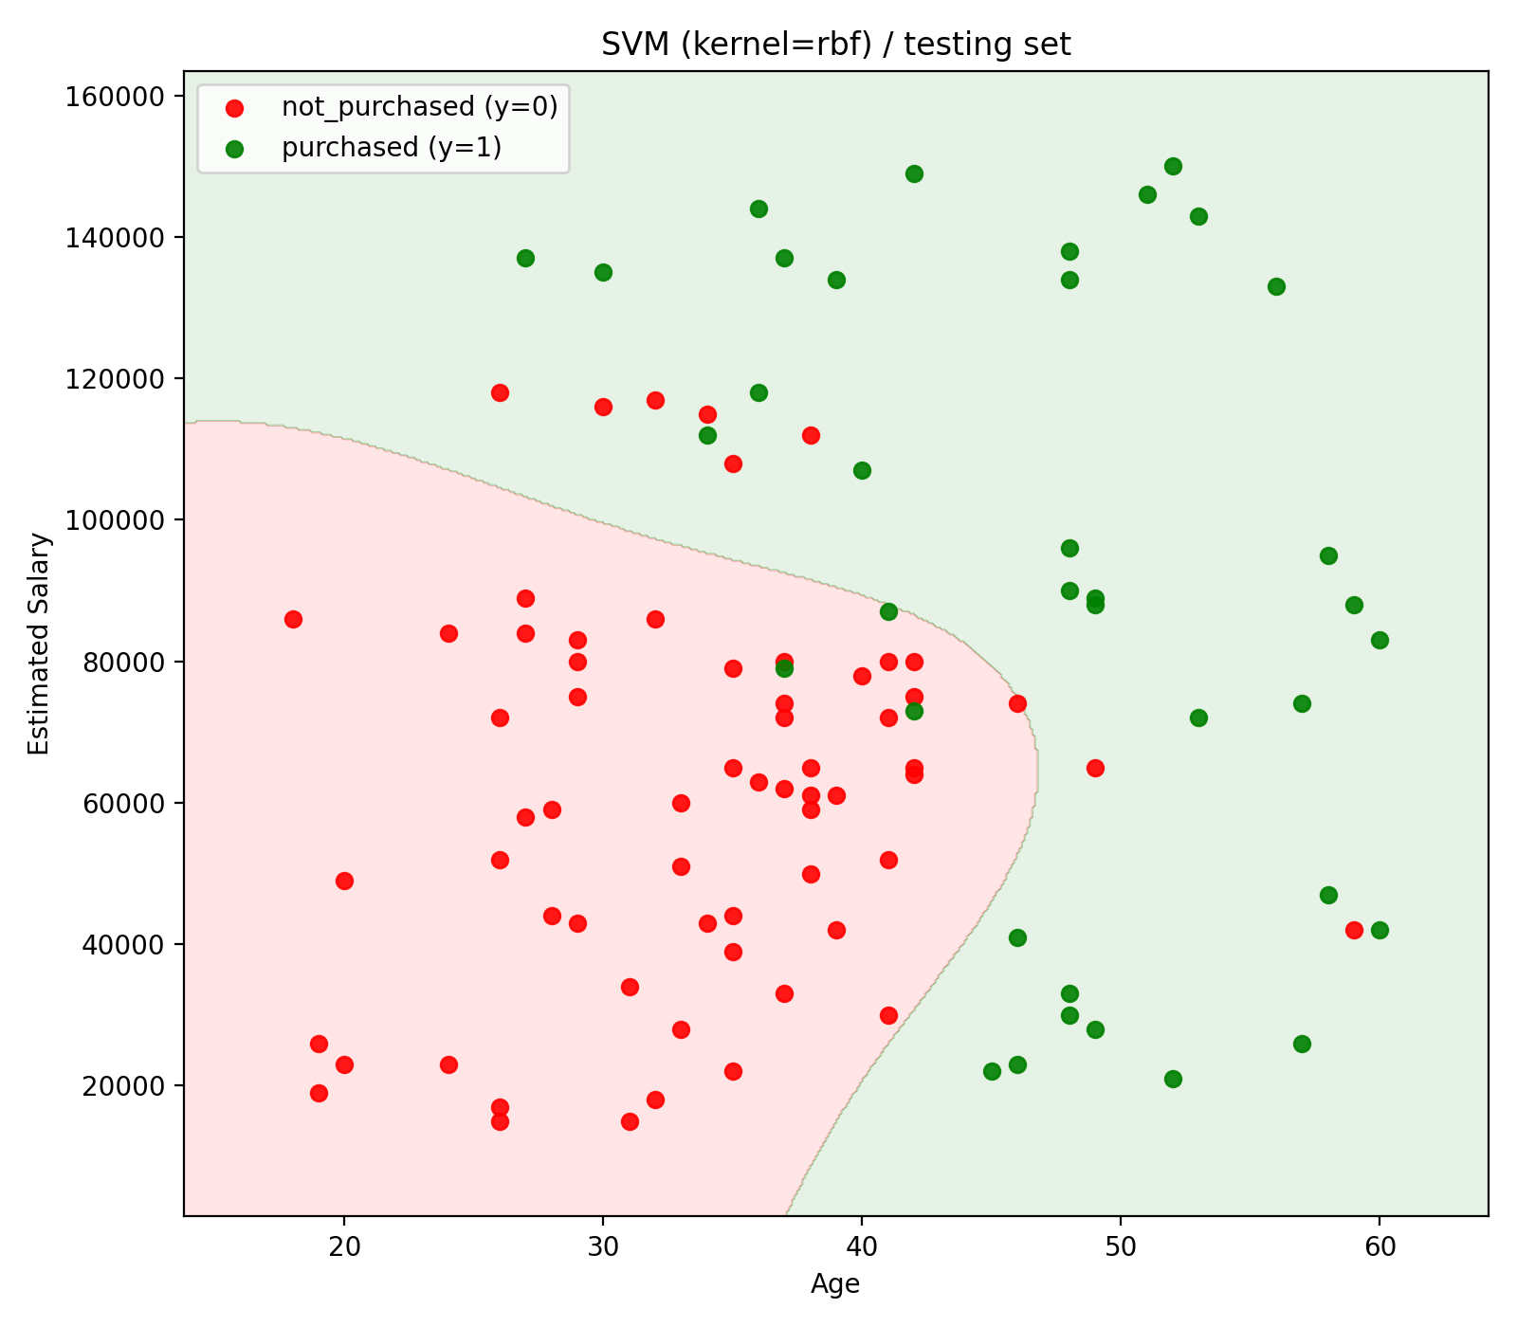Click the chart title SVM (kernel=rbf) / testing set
(835, 45)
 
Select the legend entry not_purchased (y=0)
(419, 107)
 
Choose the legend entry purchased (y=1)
(391, 148)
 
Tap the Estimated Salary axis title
(39, 644)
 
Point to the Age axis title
(835, 1283)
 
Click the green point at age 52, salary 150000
(1173, 167)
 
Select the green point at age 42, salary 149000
(914, 173)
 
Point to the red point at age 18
(293, 619)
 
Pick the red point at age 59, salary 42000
(1354, 930)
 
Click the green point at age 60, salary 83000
(1380, 640)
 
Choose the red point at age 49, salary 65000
(1095, 768)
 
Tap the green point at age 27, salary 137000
(525, 258)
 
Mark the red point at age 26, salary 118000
(500, 392)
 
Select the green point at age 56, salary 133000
(1276, 286)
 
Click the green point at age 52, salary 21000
(1173, 1079)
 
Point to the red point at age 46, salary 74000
(1017, 703)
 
